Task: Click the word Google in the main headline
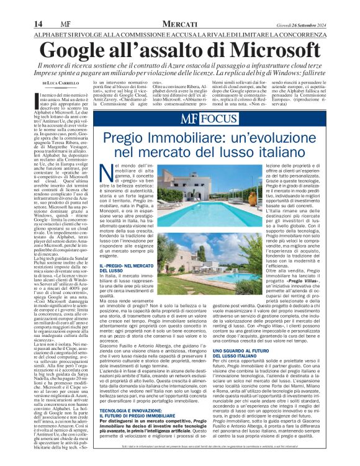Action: point(88,49)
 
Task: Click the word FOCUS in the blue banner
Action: point(217,118)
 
